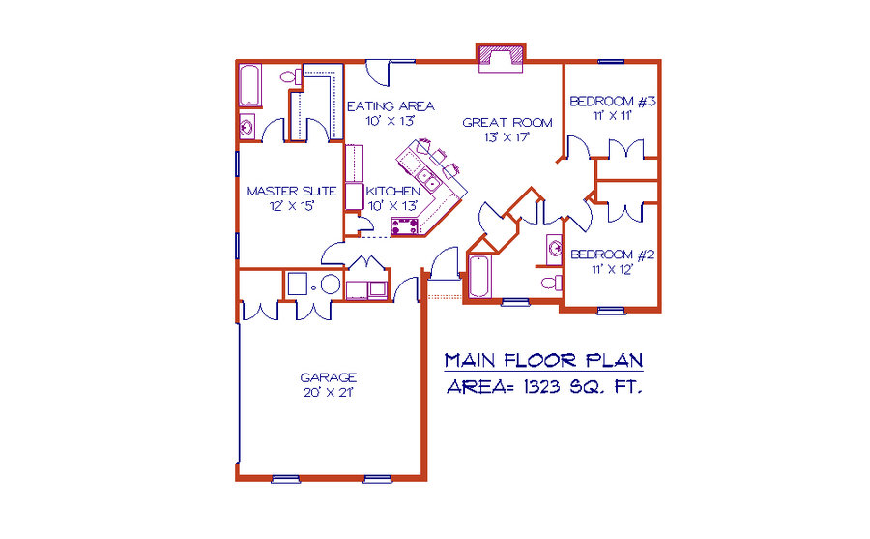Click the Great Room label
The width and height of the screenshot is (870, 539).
507,122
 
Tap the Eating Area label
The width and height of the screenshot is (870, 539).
391,105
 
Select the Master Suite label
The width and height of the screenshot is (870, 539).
292,192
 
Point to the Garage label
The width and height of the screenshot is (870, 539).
328,377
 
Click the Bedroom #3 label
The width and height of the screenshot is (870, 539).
613,102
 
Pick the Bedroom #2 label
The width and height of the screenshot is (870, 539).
613,255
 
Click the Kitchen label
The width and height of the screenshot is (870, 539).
392,192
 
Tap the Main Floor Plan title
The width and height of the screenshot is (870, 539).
543,360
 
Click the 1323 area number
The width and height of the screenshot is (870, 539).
541,387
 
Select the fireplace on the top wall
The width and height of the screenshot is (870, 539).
501,58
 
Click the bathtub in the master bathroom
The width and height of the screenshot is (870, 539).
249,85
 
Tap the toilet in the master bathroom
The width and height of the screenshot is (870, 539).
290,76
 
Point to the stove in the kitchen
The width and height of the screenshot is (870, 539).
404,226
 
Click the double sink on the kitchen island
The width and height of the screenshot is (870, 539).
428,179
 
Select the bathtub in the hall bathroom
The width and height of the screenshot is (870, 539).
479,276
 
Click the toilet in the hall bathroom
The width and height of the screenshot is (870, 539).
552,283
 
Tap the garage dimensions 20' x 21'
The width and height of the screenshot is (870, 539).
328,392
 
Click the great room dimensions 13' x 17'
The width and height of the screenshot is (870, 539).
507,137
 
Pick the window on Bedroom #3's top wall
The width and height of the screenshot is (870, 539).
611,61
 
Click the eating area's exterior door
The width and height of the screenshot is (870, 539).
378,74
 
